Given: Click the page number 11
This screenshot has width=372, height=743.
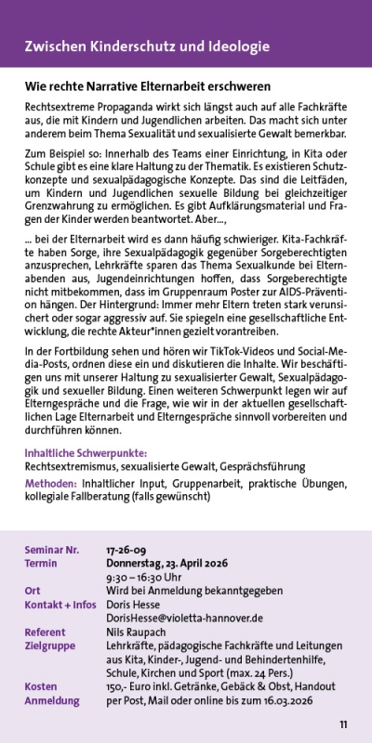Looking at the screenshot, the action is tap(343, 724).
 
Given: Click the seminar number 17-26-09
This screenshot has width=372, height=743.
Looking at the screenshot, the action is tap(123, 550).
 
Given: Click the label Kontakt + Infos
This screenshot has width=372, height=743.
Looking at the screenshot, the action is tap(60, 604).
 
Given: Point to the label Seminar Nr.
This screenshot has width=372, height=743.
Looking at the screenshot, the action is tap(52, 550).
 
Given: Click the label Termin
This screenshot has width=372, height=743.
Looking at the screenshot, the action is tap(41, 563).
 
